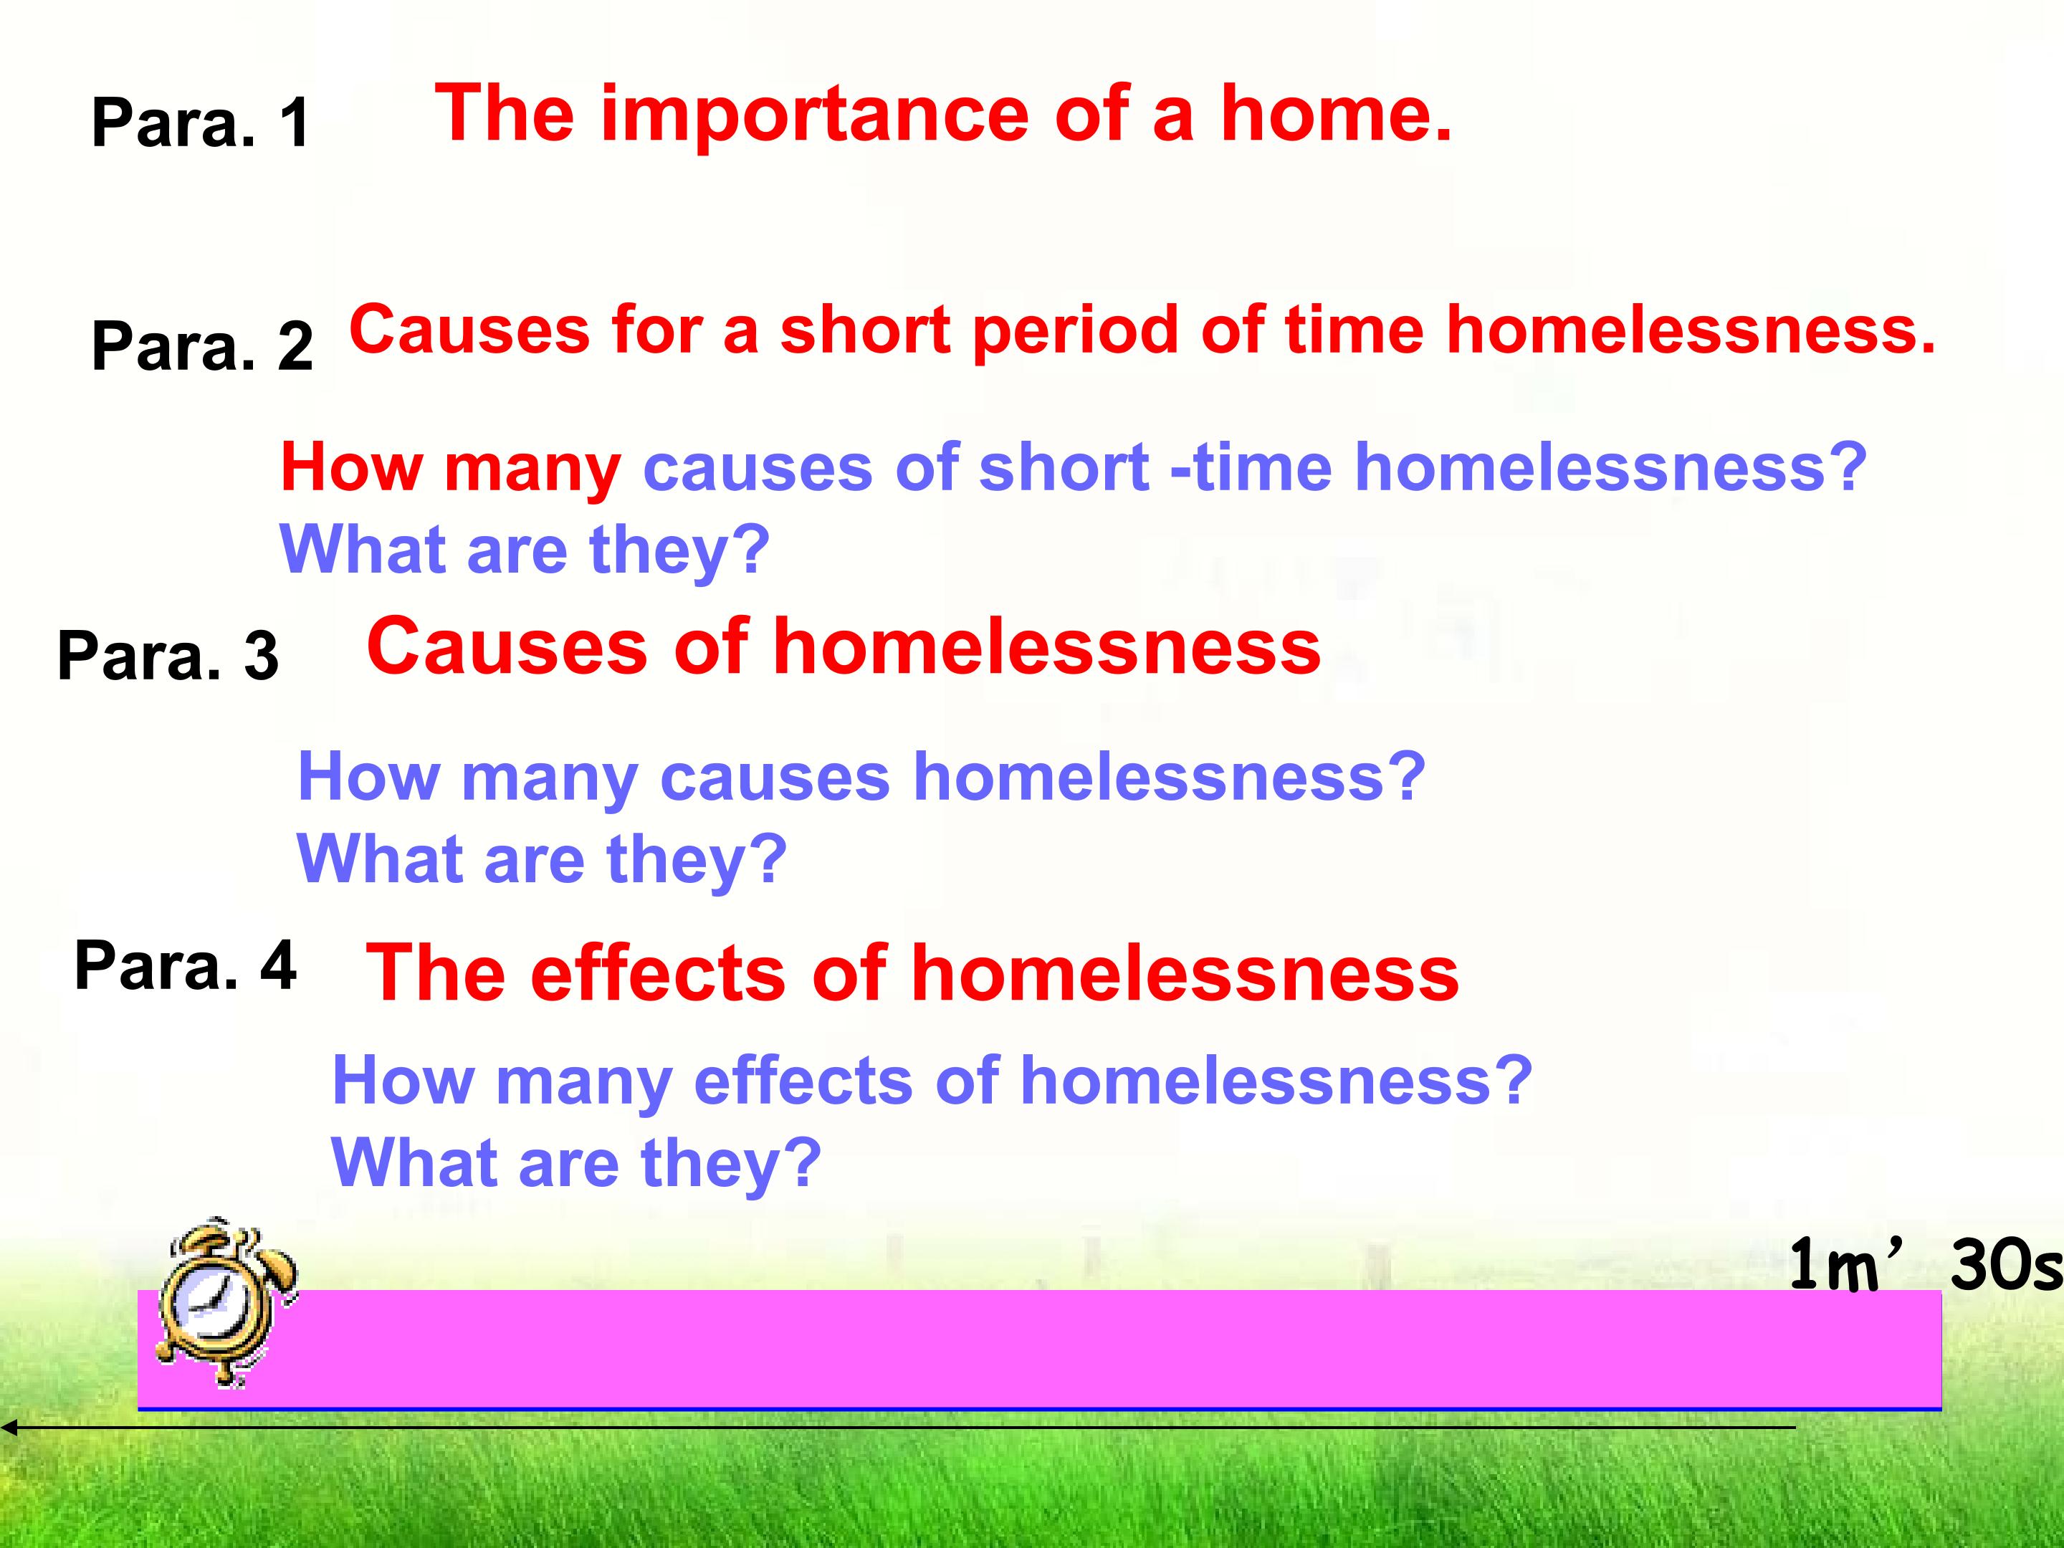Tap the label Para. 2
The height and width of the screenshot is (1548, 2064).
point(201,345)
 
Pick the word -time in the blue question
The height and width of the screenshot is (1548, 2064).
point(1251,466)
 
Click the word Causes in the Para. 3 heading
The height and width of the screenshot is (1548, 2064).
point(507,646)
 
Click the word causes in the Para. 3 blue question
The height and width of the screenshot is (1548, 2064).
point(775,778)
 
